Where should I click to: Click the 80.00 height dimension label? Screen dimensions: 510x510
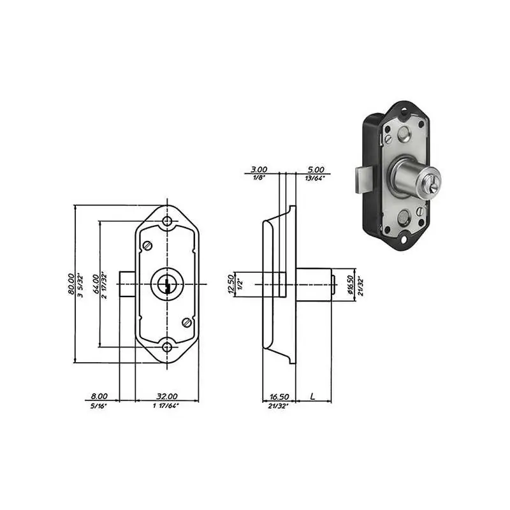click(71, 284)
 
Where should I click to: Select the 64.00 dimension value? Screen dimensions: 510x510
click(96, 284)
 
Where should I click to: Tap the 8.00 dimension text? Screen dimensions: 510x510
click(99, 396)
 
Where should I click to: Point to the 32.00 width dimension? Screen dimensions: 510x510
click(167, 396)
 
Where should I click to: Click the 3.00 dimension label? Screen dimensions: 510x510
click(259, 170)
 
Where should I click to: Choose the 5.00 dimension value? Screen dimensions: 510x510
click(316, 170)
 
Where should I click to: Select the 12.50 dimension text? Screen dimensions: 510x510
click(231, 284)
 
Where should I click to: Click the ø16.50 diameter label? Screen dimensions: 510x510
click(350, 285)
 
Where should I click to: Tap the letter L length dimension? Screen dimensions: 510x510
click(312, 396)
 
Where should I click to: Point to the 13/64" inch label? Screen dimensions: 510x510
click(315, 178)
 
